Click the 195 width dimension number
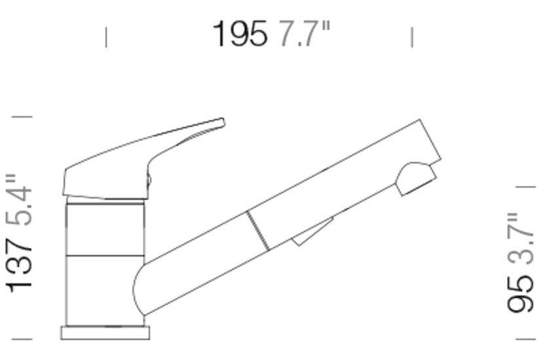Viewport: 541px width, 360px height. point(240,33)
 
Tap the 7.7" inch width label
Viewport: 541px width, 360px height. point(304,33)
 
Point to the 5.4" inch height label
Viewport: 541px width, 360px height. point(20,200)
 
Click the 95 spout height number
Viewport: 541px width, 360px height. point(520,294)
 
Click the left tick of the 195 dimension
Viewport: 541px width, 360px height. point(106,37)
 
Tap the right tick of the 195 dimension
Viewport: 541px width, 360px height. point(412,37)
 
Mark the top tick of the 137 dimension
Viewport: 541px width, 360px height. point(22,117)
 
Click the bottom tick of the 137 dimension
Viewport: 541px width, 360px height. point(22,339)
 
